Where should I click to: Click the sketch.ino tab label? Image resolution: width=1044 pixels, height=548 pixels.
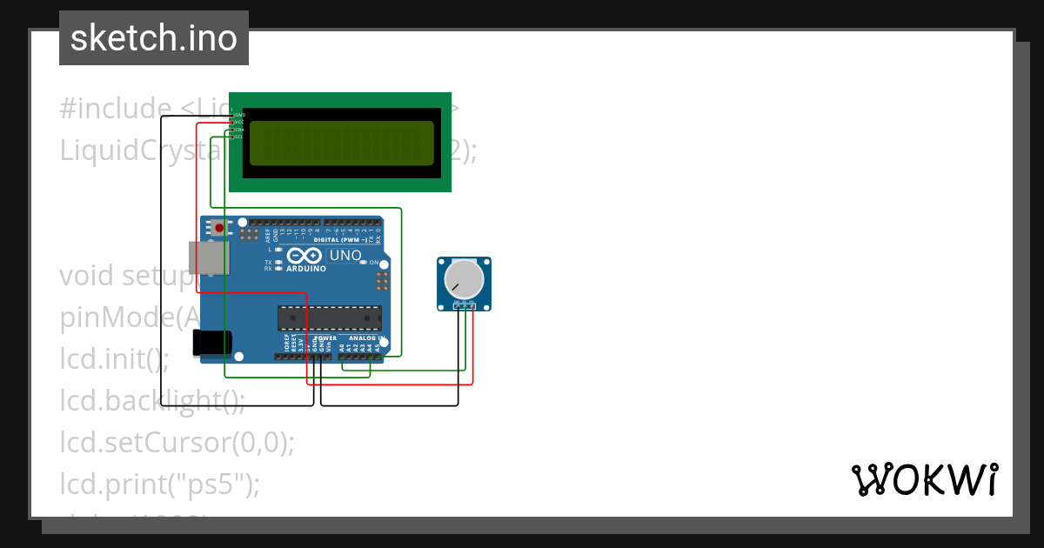click(x=153, y=38)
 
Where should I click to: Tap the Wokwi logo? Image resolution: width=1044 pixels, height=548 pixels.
click(x=924, y=479)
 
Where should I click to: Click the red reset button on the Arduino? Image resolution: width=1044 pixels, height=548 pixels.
click(x=219, y=229)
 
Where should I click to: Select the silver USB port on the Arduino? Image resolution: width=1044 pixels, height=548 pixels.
click(x=209, y=257)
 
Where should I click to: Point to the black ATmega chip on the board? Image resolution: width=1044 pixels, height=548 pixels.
click(x=329, y=318)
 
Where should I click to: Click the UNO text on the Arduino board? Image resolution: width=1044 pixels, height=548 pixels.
click(x=345, y=256)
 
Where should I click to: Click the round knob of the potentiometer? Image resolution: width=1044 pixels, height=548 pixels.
click(x=464, y=279)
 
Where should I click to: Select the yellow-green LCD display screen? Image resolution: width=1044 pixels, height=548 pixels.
click(x=341, y=144)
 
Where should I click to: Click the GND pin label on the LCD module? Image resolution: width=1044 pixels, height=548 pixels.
click(x=239, y=115)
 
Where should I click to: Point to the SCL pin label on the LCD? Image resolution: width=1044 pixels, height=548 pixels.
click(x=239, y=137)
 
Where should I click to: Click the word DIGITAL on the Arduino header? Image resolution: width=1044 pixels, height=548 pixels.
click(x=327, y=239)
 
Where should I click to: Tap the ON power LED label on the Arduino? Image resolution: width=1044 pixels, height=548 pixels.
click(x=374, y=262)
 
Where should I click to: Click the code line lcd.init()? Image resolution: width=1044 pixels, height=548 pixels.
click(x=114, y=358)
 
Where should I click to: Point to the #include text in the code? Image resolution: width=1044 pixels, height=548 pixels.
click(x=115, y=108)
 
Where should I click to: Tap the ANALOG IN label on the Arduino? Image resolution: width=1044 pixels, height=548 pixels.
click(x=365, y=337)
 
